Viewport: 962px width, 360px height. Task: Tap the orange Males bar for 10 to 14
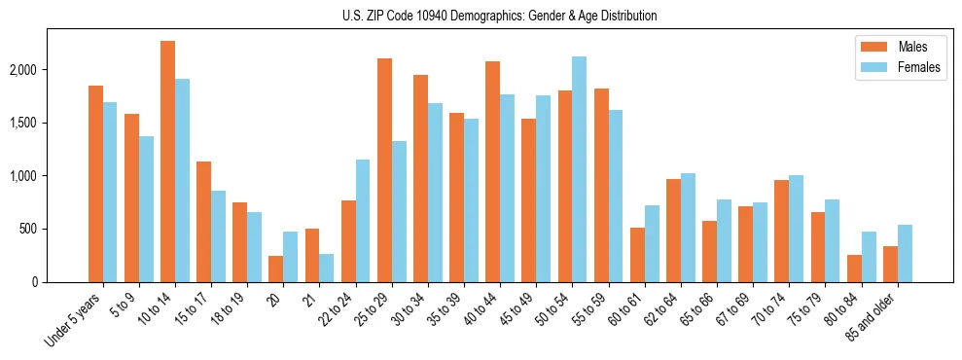(x=167, y=162)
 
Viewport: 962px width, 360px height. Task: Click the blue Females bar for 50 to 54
(x=580, y=169)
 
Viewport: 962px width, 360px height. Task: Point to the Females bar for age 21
(x=327, y=268)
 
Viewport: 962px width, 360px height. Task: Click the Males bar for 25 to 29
(x=384, y=170)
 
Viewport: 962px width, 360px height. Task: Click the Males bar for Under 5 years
(x=95, y=184)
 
